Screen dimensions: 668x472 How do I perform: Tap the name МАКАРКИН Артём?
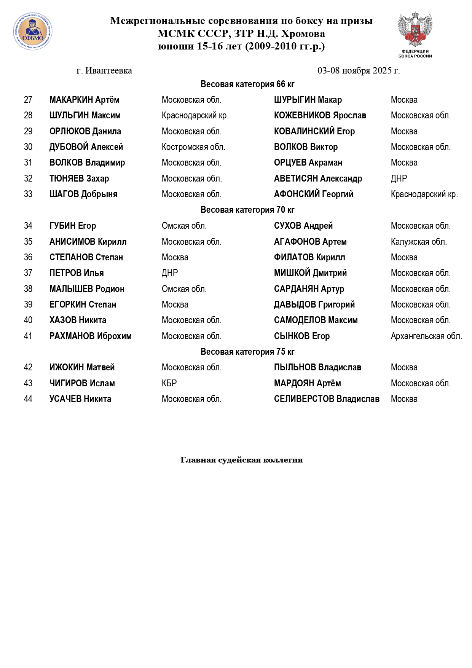pyautogui.click(x=84, y=100)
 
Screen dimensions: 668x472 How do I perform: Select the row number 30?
pyautogui.click(x=28, y=147)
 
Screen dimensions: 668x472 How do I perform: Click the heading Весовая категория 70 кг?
pyautogui.click(x=247, y=210)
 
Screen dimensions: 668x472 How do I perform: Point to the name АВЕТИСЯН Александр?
pyautogui.click(x=318, y=179)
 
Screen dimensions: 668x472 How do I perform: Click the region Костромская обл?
pyautogui.click(x=193, y=147)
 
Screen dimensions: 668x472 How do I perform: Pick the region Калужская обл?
pyautogui.click(x=419, y=242)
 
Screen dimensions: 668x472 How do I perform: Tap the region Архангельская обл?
pyautogui.click(x=426, y=336)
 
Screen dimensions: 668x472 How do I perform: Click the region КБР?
pyautogui.click(x=169, y=383)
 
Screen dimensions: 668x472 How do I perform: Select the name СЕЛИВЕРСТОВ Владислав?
pyautogui.click(x=327, y=399)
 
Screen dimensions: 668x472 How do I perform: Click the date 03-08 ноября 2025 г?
pyautogui.click(x=359, y=71)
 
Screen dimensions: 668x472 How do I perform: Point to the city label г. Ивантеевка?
pyautogui.click(x=104, y=71)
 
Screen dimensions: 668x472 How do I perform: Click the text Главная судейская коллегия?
pyautogui.click(x=241, y=460)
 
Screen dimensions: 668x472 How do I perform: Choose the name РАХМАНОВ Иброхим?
pyautogui.click(x=91, y=336)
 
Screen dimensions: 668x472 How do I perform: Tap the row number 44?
pyautogui.click(x=28, y=399)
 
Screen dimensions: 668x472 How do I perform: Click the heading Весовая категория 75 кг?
pyautogui.click(x=247, y=352)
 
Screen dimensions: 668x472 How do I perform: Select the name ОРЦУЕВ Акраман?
pyautogui.click(x=308, y=163)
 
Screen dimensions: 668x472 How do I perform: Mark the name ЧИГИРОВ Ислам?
pyautogui.click(x=82, y=383)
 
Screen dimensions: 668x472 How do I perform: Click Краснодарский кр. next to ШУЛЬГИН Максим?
pyautogui.click(x=195, y=116)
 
